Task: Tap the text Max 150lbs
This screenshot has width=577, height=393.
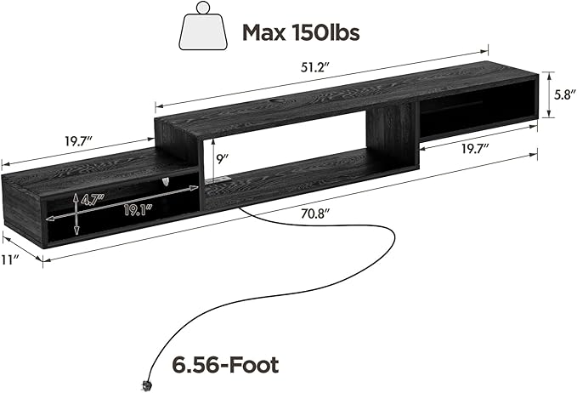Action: [x=301, y=32]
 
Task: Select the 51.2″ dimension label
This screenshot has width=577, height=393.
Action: [x=314, y=67]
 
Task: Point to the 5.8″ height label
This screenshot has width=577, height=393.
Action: [x=565, y=95]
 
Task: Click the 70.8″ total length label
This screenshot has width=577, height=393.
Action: [x=314, y=214]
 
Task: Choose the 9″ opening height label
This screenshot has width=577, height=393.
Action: [x=223, y=159]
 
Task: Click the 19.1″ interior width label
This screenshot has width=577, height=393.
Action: [x=138, y=210]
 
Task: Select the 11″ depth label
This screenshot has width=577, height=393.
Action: [x=9, y=260]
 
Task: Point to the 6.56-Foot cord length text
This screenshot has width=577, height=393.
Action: [x=225, y=365]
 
